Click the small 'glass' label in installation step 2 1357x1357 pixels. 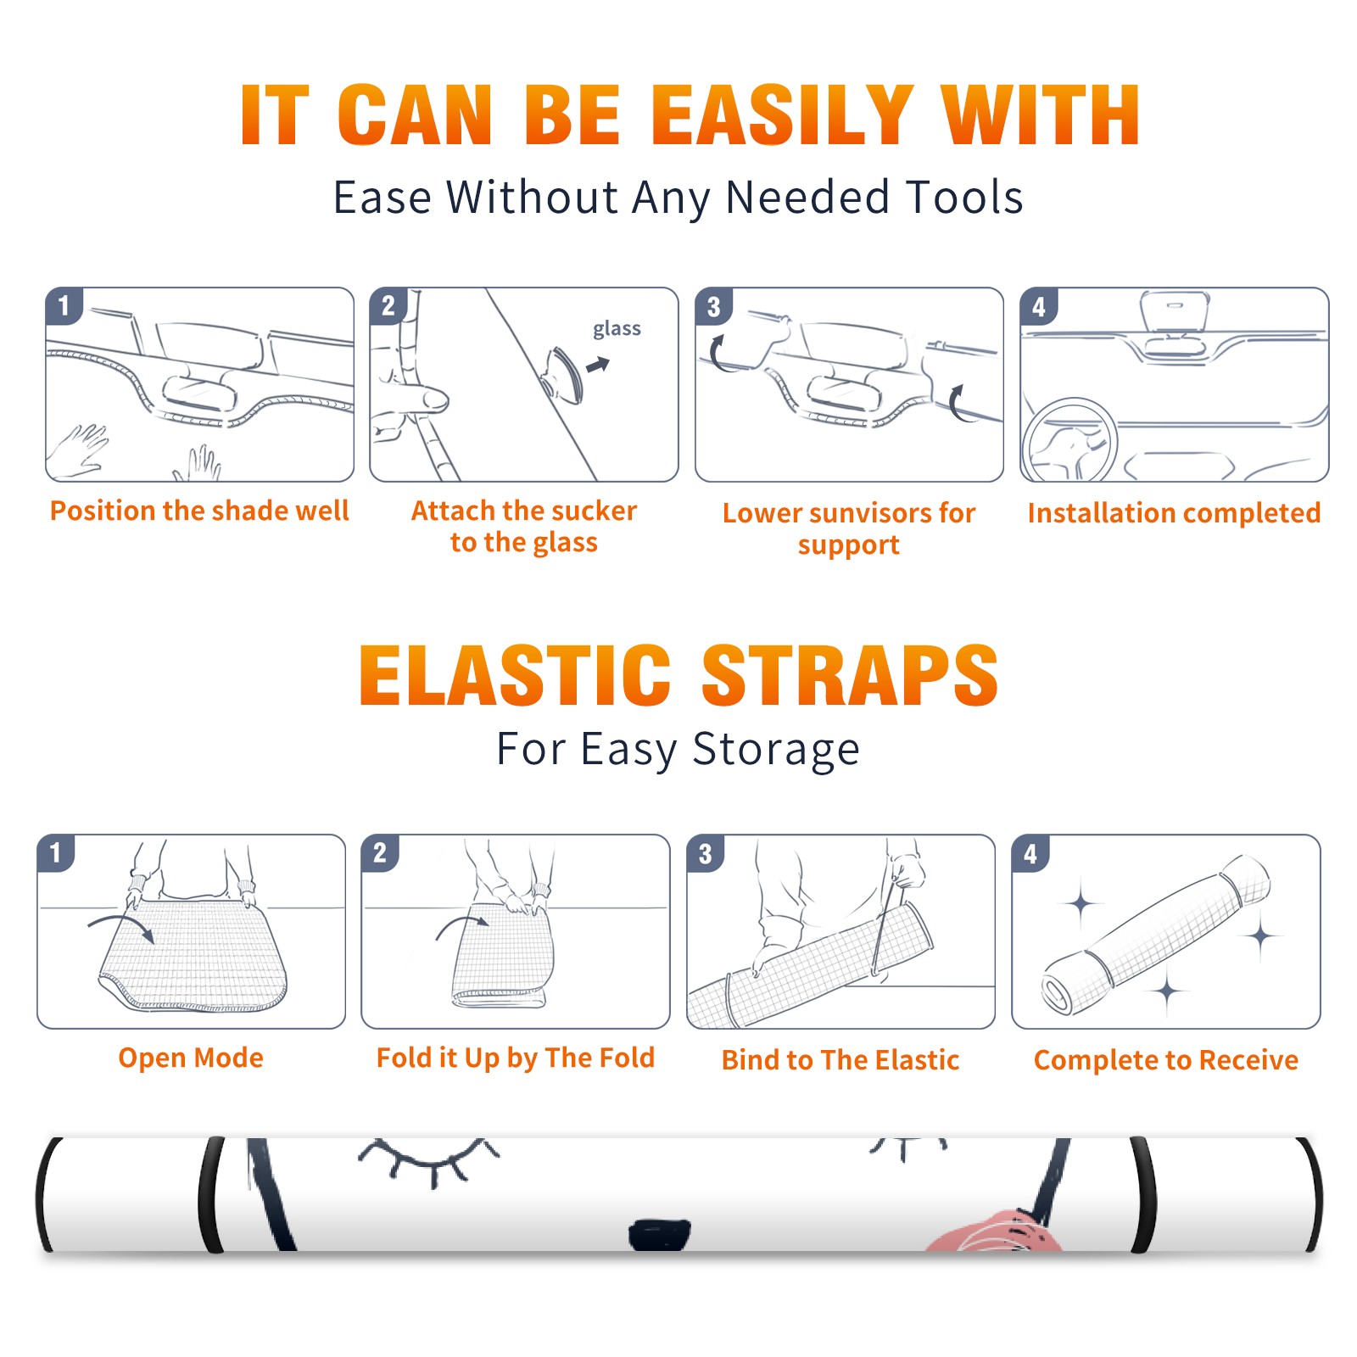click(x=617, y=329)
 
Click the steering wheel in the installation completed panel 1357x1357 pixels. click(x=1069, y=441)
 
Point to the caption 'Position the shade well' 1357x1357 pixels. click(x=199, y=511)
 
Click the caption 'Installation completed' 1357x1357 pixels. click(x=1174, y=513)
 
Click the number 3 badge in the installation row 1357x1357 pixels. click(x=713, y=307)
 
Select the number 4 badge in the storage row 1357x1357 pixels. click(x=1030, y=853)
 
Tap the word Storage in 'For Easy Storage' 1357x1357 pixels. click(x=776, y=750)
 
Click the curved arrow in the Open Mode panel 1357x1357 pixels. click(x=121, y=924)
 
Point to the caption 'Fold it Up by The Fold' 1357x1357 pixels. click(x=516, y=1058)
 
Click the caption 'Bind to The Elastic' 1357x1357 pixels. click(x=840, y=1060)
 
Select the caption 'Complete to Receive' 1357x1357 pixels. click(x=1166, y=1060)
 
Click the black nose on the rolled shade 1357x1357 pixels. click(x=660, y=1234)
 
